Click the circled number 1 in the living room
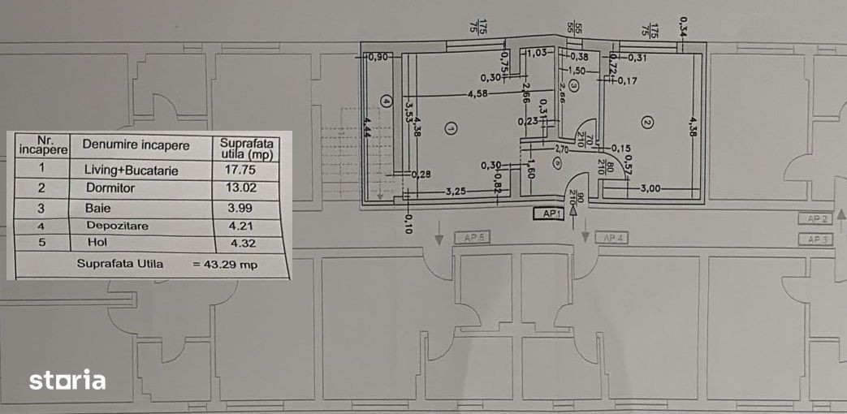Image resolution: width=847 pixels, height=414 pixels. click(x=452, y=127)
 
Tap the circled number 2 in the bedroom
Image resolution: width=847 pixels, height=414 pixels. click(x=647, y=123)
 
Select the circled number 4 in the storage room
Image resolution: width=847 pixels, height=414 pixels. click(x=387, y=101)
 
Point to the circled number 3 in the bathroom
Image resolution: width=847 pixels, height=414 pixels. click(x=573, y=84)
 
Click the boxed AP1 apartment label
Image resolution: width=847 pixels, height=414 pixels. click(x=551, y=214)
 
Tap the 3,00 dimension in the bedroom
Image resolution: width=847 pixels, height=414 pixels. click(x=651, y=188)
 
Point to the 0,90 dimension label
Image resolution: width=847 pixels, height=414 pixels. click(x=378, y=58)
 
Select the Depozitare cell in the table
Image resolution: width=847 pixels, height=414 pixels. click(x=116, y=226)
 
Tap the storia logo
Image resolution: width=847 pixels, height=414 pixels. click(x=67, y=380)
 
